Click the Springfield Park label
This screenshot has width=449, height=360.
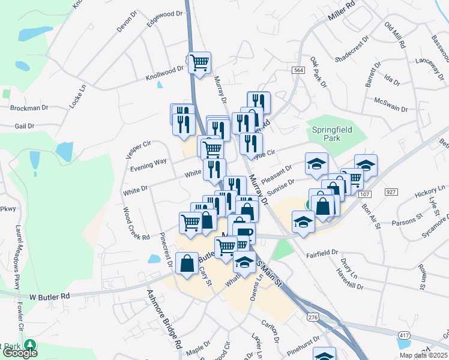click(x=331, y=134)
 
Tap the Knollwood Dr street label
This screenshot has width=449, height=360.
click(x=164, y=74)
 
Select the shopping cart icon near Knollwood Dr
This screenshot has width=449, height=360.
click(x=199, y=62)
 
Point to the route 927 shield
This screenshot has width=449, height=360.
click(x=391, y=191)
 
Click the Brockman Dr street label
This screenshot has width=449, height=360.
click(x=29, y=108)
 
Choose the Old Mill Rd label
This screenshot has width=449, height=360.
click(x=396, y=35)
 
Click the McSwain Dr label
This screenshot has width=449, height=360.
click(x=390, y=105)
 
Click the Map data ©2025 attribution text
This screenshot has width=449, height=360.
click(x=424, y=355)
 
